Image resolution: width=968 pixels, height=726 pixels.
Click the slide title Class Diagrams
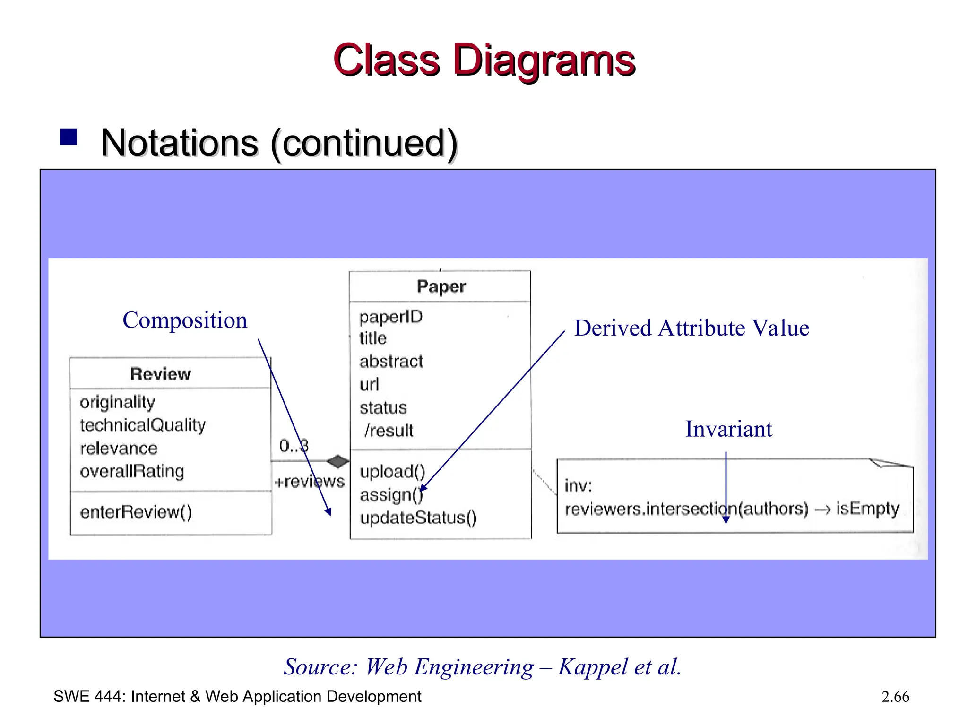484,60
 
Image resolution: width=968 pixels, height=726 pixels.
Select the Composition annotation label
185,320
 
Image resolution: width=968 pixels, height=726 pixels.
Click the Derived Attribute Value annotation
691,328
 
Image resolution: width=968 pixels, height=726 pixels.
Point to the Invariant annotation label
728,429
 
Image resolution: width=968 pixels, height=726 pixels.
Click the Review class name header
161,374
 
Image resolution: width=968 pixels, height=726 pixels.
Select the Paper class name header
441,286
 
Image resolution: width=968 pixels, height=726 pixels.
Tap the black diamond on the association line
337,461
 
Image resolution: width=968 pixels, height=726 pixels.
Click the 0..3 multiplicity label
294,446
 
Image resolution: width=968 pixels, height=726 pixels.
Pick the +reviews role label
310,482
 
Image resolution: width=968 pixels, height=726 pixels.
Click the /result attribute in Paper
389,431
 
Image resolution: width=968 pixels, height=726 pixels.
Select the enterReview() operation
136,512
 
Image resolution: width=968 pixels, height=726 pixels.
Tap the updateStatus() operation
418,518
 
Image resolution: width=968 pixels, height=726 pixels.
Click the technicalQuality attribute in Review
143,425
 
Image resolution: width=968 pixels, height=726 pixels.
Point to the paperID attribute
390,317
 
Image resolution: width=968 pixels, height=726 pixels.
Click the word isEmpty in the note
867,509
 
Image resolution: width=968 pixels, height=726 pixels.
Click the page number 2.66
895,697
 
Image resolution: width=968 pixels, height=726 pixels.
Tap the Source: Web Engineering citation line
482,667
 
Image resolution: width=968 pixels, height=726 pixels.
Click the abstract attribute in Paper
391,362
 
